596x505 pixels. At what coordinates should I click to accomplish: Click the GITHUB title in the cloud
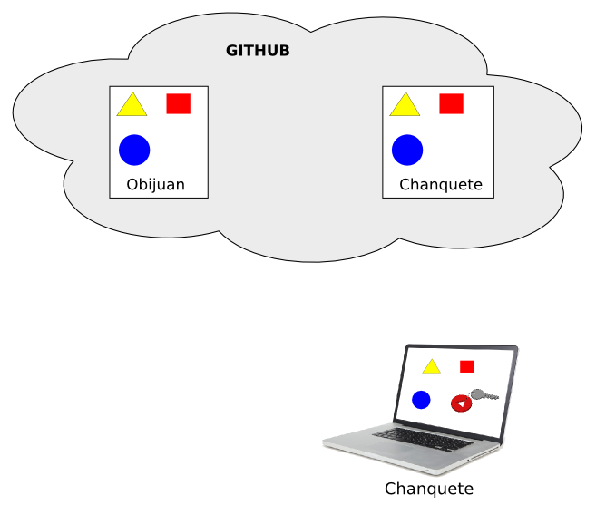point(258,51)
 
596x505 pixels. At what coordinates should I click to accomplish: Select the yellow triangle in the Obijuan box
point(132,107)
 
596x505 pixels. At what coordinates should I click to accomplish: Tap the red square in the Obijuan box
point(178,103)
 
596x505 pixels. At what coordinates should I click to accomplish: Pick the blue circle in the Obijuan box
point(134,150)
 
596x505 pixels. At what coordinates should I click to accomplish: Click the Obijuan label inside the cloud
point(155,185)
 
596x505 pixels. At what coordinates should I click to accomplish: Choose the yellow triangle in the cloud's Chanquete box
point(405,107)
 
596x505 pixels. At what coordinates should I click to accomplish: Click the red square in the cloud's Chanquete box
point(451,103)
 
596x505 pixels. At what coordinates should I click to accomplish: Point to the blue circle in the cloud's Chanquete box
point(407,151)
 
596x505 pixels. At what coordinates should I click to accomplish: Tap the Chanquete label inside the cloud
point(440,186)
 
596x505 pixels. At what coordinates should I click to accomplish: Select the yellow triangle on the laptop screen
point(431,367)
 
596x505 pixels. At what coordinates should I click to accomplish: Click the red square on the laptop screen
point(467,366)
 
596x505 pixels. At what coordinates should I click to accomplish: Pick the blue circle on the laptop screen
point(421,399)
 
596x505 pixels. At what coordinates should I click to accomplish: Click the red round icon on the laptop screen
point(461,403)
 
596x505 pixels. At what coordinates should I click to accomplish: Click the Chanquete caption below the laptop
point(429,490)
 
